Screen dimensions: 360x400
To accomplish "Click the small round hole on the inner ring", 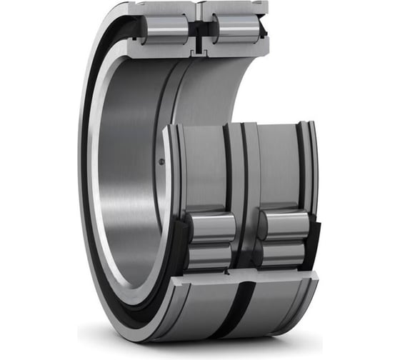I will (x=161, y=161).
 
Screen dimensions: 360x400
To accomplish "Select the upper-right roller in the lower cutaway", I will (x=281, y=226).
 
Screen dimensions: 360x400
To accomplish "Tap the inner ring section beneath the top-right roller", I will (x=236, y=49).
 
